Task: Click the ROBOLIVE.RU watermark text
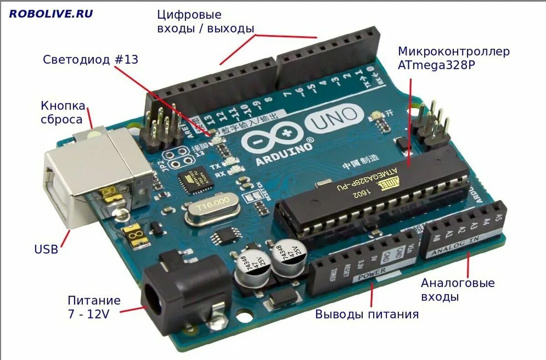[51, 14]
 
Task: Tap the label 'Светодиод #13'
[90, 60]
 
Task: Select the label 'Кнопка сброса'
[63, 112]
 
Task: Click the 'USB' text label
[46, 249]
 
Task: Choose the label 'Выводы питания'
[367, 314]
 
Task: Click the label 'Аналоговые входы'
[457, 290]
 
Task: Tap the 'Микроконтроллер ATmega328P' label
[453, 58]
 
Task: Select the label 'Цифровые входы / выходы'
[205, 21]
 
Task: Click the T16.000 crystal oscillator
[212, 208]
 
